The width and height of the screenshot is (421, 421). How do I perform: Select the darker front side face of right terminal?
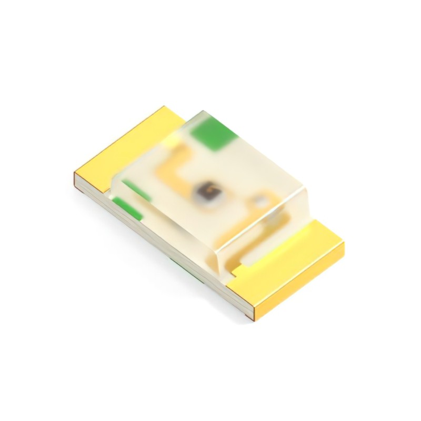(x=300, y=289)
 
